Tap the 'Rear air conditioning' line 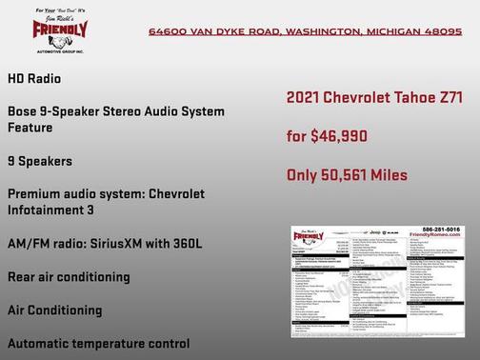(x=68, y=276)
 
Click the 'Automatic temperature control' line (x=97, y=343)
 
